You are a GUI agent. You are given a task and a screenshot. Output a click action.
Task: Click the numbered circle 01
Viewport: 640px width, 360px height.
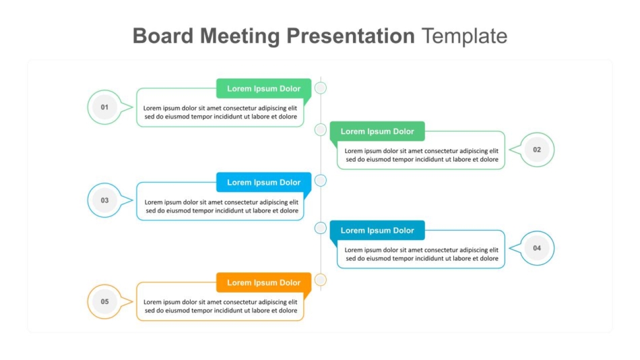tap(104, 107)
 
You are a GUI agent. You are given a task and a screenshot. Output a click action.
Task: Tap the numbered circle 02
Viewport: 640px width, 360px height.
tap(537, 150)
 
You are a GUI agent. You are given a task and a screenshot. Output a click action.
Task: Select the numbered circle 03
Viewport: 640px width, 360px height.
tap(104, 200)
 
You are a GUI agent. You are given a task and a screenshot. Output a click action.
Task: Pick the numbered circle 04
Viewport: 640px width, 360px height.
tap(537, 248)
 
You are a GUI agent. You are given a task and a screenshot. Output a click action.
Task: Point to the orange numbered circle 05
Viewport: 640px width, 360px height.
tap(104, 301)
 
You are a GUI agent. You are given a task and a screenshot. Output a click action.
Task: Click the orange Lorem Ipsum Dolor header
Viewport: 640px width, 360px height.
tap(263, 282)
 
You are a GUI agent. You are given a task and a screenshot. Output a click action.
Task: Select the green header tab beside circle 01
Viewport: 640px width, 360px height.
tap(263, 88)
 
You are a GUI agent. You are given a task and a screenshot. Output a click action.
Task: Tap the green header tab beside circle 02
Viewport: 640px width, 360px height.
tap(377, 131)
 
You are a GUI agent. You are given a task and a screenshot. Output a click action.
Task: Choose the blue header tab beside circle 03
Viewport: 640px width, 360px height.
tap(263, 182)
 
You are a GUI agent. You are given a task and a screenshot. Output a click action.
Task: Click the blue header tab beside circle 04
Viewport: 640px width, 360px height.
tap(377, 231)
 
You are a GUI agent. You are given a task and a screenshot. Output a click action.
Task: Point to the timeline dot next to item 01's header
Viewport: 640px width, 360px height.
tap(321, 88)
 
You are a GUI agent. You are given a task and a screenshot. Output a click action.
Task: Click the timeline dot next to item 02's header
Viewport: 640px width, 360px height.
tap(321, 130)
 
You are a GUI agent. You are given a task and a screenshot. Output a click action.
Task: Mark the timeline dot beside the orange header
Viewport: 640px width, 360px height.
tap(321, 280)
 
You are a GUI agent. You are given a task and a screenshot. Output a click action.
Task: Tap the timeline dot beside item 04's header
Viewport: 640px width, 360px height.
tap(321, 228)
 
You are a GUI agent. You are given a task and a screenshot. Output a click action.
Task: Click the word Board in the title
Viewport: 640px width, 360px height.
tap(163, 36)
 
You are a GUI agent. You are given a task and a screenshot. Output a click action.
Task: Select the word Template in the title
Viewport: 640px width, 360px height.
tap(464, 36)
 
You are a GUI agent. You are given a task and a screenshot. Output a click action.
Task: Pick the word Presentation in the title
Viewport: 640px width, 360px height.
tap(350, 36)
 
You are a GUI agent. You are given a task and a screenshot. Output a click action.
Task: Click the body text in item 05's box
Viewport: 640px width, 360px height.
tap(220, 306)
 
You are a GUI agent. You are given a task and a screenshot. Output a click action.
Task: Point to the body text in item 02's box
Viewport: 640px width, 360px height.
tap(421, 155)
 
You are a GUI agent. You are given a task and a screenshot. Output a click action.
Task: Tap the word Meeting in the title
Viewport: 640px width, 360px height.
tap(240, 36)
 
